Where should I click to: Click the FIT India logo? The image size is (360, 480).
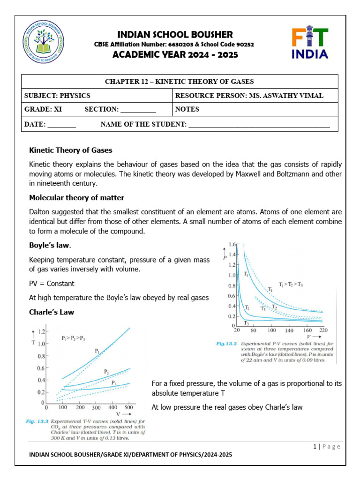(310, 43)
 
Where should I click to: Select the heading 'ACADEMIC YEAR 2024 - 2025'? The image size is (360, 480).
(174, 55)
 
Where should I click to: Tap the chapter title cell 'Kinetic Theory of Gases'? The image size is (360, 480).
(180, 82)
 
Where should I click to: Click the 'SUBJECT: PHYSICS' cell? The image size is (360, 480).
(57, 96)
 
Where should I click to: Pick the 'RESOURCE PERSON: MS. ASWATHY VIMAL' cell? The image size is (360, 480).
(249, 96)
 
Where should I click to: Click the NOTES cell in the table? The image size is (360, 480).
(187, 109)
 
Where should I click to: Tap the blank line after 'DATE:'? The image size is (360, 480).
(61, 125)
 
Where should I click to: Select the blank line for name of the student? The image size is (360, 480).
(259, 125)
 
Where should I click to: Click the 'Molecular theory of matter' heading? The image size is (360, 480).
(76, 197)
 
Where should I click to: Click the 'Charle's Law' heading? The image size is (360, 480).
(52, 312)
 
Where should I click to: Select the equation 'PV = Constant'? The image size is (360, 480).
(52, 284)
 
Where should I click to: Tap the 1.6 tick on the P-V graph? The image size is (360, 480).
(232, 245)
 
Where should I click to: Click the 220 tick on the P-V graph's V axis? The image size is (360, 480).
(323, 330)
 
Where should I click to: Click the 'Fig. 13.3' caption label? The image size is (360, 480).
(37, 421)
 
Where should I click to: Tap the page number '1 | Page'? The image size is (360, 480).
(327, 446)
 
